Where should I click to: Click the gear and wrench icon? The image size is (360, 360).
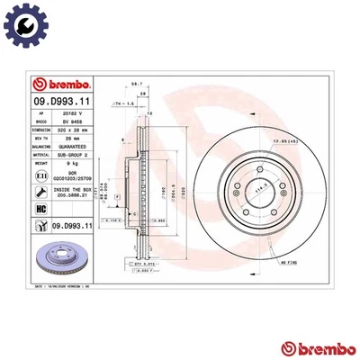(20, 20)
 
